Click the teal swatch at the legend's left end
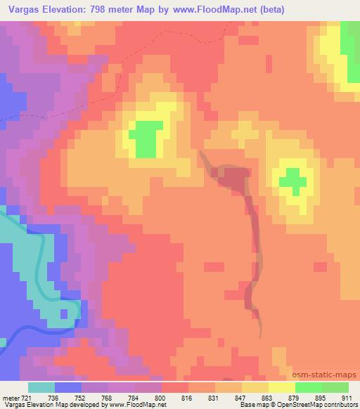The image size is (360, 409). tap(41, 387)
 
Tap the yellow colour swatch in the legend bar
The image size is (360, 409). tap(281, 387)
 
